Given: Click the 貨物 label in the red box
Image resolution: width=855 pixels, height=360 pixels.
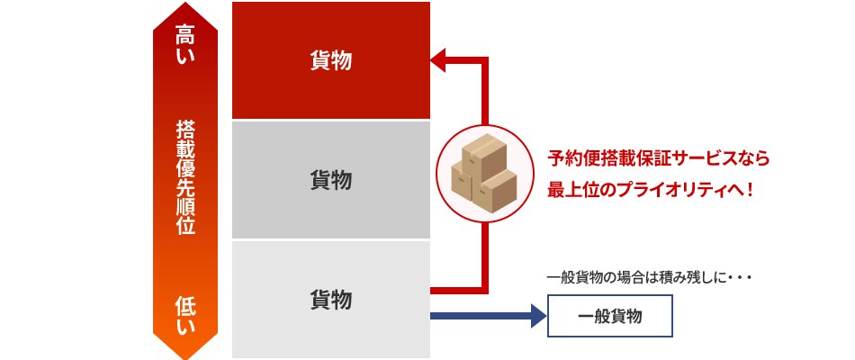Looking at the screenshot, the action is click(x=331, y=60).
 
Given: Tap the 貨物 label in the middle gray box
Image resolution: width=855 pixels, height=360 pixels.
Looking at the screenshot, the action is click(x=331, y=180).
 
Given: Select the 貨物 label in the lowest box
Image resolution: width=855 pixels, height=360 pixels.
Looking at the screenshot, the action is click(x=331, y=300).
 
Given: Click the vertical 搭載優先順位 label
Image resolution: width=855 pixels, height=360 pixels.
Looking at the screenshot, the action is click(x=185, y=178).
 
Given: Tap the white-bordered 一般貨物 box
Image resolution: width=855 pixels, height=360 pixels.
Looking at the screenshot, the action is click(x=609, y=316).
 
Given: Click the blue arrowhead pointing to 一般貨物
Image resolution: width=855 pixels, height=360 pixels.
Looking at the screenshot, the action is click(x=539, y=316).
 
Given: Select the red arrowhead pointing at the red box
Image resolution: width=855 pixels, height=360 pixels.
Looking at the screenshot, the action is click(x=438, y=60).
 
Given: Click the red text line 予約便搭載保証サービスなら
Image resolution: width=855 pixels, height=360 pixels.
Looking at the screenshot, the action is click(x=658, y=158).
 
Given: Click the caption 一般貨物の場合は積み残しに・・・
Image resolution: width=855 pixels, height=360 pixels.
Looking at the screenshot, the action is click(x=650, y=278).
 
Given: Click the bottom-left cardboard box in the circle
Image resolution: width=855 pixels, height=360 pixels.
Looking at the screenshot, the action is click(x=463, y=183).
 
